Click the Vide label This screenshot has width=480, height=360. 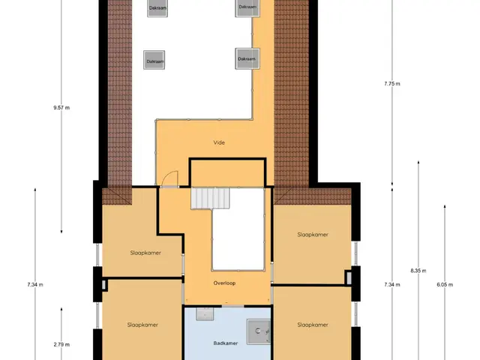pyautogui.click(x=219, y=142)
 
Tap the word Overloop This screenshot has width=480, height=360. pyautogui.click(x=224, y=283)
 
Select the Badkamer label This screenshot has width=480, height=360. pyautogui.click(x=226, y=343)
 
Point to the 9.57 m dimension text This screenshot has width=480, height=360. pyautogui.click(x=61, y=108)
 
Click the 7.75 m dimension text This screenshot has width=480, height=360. pyautogui.click(x=392, y=83)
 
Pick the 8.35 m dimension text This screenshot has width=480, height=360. pyautogui.click(x=418, y=271)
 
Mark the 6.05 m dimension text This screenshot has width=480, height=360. pyautogui.click(x=445, y=285)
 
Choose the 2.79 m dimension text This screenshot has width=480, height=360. pyautogui.click(x=61, y=344)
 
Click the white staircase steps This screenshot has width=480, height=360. pyautogui.click(x=210, y=198)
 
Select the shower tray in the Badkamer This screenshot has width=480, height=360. pyautogui.click(x=259, y=331)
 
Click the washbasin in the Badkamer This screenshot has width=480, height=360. pyautogui.click(x=205, y=313)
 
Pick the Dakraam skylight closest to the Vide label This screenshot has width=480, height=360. pyautogui.click(x=247, y=58)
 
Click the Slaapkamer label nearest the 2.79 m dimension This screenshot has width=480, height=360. pyautogui.click(x=142, y=325)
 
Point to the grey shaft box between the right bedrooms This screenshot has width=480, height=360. pyautogui.click(x=349, y=277)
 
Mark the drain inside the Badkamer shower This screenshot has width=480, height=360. pyautogui.click(x=258, y=331)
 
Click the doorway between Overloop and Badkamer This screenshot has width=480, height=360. pyautogui.click(x=233, y=306)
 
